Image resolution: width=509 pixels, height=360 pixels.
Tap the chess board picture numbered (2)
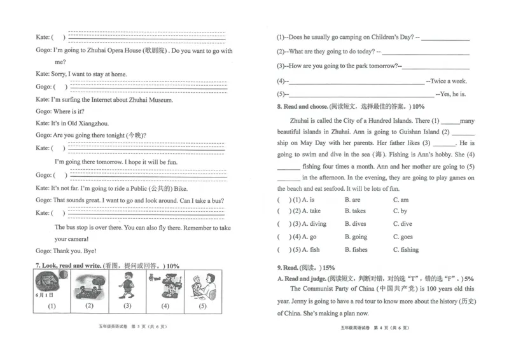pyautogui.click(x=90, y=286)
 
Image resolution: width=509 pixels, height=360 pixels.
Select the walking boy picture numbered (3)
pyautogui.click(x=127, y=286)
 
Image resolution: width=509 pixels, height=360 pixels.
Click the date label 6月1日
pyautogui.click(x=45, y=295)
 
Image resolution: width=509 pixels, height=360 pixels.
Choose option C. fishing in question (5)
pyautogui.click(x=406, y=249)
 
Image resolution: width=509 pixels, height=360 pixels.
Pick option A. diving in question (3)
pyautogui.click(x=314, y=224)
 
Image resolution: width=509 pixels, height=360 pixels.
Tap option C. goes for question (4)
pyautogui.click(x=403, y=237)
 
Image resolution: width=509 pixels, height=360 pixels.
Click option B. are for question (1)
pyautogui.click(x=352, y=200)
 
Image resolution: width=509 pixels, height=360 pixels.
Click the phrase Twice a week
pyautogui.click(x=449, y=81)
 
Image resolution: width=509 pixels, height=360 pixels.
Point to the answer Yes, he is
pyautogui.click(x=453, y=94)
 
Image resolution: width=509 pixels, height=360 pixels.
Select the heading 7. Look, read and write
pyautogui.click(x=69, y=265)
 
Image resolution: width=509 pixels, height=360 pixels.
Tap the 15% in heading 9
pyautogui.click(x=328, y=268)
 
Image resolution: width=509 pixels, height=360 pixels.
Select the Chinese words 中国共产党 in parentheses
pyautogui.click(x=396, y=289)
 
